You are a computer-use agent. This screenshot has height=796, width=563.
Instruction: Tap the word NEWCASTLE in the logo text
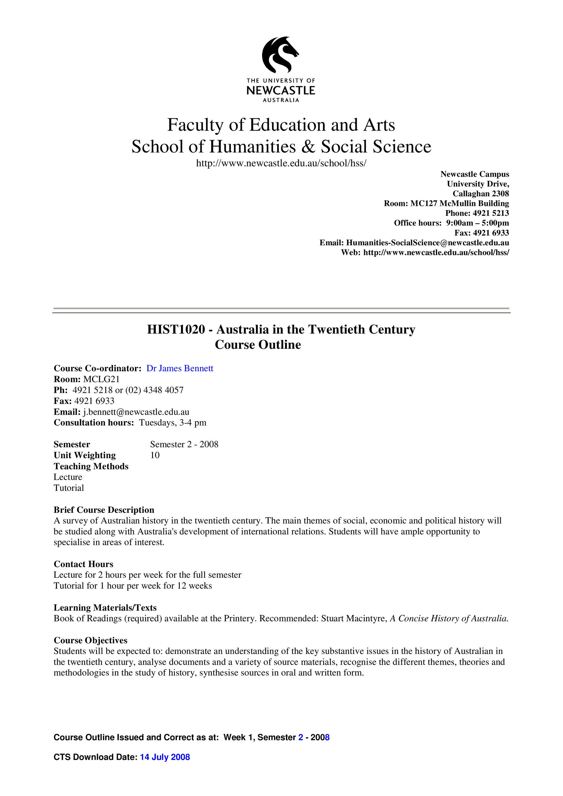click(x=281, y=91)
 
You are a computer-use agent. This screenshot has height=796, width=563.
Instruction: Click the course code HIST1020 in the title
click(x=176, y=329)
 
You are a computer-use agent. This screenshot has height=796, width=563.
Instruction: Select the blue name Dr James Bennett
click(x=180, y=368)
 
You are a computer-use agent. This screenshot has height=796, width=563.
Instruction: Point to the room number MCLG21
click(x=101, y=379)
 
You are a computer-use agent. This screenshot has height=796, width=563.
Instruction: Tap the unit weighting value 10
click(x=155, y=455)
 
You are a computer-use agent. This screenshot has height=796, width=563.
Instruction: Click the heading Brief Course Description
click(x=104, y=510)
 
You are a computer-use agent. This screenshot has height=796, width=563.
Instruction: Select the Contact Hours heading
click(x=83, y=564)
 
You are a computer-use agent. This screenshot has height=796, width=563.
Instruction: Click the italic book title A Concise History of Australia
click(x=449, y=619)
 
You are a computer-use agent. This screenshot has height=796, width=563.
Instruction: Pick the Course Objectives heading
click(x=91, y=640)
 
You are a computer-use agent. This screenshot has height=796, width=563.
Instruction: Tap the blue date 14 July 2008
click(x=165, y=757)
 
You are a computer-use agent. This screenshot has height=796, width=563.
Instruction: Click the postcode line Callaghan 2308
click(x=481, y=194)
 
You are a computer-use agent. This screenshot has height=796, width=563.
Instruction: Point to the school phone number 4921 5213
click(x=490, y=213)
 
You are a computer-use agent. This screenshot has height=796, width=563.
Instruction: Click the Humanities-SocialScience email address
click(x=427, y=242)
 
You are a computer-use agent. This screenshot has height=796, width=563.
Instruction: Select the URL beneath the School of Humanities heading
click(x=281, y=163)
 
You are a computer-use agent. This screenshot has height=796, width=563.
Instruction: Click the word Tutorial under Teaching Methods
click(x=69, y=488)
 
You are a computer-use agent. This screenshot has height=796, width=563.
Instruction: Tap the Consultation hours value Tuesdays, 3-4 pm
click(x=172, y=423)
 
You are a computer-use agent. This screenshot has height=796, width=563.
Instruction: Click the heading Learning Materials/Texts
click(x=105, y=608)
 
